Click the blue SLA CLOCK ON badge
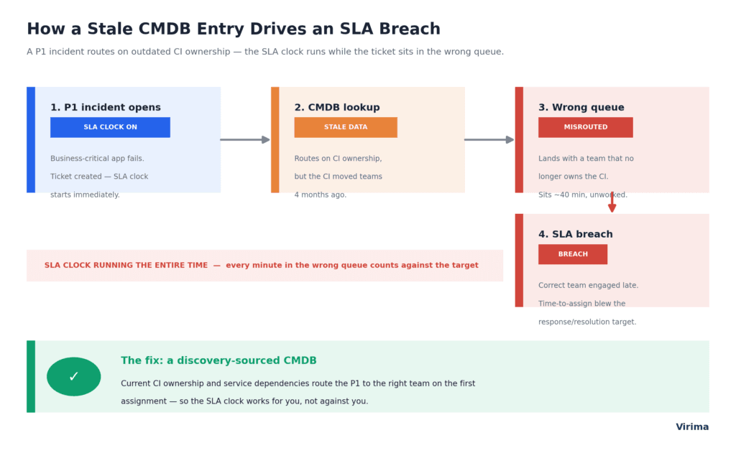pos(110,127)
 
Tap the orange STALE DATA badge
pos(346,127)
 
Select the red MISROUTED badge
pos(586,127)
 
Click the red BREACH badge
pos(573,254)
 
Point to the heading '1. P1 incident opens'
pos(106,108)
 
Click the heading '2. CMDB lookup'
pos(337,108)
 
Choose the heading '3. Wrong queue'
pos(581,108)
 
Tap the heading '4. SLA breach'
pos(576,234)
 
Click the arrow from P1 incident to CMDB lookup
pos(245,140)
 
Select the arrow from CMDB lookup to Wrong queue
pos(489,140)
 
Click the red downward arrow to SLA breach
pos(612,202)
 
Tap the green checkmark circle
pos(74,377)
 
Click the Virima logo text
pos(692,426)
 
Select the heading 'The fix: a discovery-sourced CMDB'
pos(218,360)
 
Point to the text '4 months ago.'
pos(320,195)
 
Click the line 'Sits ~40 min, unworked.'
pos(582,195)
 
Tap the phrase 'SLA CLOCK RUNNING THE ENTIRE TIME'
pos(126,266)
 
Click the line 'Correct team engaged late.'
pos(588,285)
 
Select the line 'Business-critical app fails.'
pos(97,159)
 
